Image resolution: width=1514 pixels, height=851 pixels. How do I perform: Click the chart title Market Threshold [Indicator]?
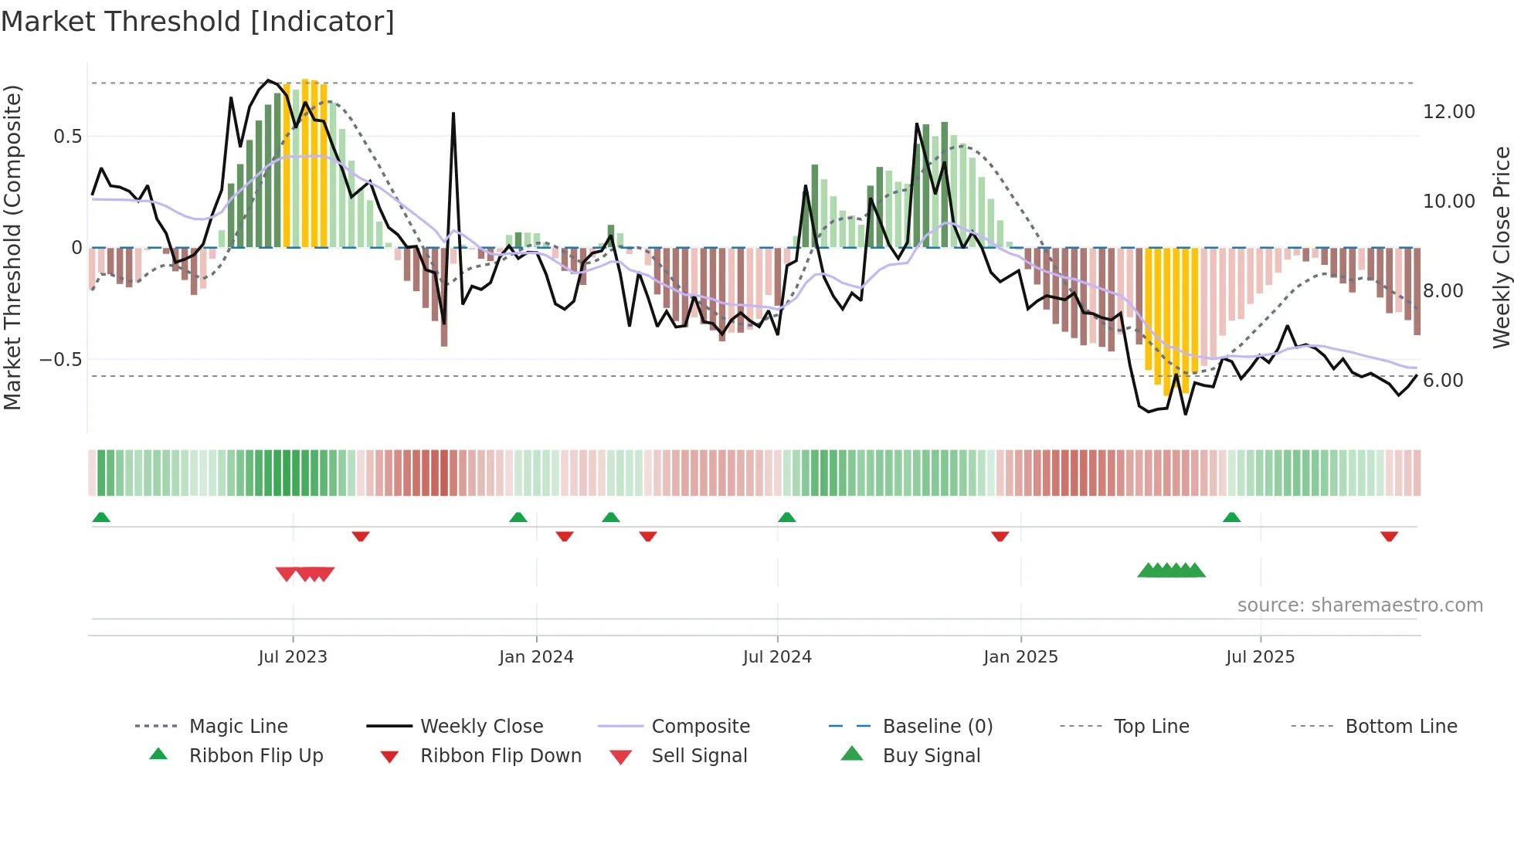pyautogui.click(x=198, y=22)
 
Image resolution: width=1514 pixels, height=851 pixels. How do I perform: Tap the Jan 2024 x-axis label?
pyautogui.click(x=536, y=657)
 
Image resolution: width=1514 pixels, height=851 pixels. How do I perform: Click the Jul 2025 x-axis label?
pyautogui.click(x=1260, y=657)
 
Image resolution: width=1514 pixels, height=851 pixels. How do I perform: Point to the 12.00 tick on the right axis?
pyautogui.click(x=1448, y=112)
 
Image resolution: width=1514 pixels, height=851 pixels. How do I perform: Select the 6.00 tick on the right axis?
pyautogui.click(x=1443, y=381)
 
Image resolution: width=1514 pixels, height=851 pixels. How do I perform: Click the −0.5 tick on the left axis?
pyautogui.click(x=60, y=360)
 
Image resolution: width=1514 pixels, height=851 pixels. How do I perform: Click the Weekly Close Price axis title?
pyautogui.click(x=1501, y=247)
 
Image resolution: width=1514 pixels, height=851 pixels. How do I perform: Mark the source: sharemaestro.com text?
pyautogui.click(x=1360, y=605)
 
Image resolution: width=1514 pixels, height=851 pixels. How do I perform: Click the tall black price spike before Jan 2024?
pyautogui.click(x=453, y=115)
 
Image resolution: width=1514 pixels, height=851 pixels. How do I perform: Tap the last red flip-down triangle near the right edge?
pyautogui.click(x=1389, y=536)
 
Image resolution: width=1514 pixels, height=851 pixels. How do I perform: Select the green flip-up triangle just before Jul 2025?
pyautogui.click(x=1231, y=517)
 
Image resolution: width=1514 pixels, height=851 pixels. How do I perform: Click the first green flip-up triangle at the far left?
pyautogui.click(x=101, y=517)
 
